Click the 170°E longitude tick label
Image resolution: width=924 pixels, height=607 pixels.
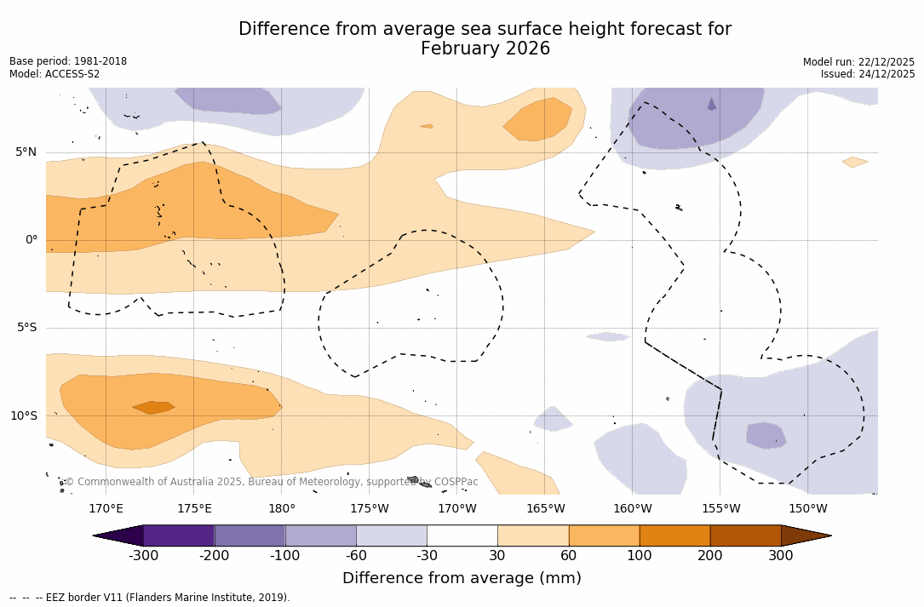click(x=106, y=509)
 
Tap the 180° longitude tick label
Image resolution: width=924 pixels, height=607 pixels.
click(x=282, y=509)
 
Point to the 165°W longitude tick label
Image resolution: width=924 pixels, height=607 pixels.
click(x=545, y=509)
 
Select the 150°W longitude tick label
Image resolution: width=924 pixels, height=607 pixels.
click(x=808, y=509)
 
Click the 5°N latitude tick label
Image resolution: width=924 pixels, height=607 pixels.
click(x=26, y=152)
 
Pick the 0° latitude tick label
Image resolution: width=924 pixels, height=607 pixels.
click(x=32, y=240)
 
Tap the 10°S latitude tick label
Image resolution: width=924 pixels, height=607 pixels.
click(x=23, y=416)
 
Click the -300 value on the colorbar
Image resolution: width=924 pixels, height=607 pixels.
click(x=143, y=556)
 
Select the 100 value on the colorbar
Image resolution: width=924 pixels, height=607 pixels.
click(x=640, y=556)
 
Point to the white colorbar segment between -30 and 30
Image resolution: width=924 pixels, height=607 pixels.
click(x=462, y=535)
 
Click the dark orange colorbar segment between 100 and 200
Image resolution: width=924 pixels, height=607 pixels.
click(x=674, y=535)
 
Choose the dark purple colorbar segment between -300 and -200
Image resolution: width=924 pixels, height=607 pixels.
click(x=179, y=535)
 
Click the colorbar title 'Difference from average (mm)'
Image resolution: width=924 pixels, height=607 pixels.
click(x=462, y=579)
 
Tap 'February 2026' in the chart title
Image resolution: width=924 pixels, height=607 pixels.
click(x=485, y=49)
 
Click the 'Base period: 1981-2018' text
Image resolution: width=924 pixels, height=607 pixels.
click(x=68, y=61)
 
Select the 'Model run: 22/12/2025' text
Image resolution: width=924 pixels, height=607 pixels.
click(x=858, y=62)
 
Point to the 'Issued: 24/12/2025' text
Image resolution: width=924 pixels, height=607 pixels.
click(x=868, y=74)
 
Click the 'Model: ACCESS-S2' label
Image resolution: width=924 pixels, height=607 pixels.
click(x=55, y=74)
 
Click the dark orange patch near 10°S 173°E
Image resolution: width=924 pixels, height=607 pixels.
click(x=154, y=408)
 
